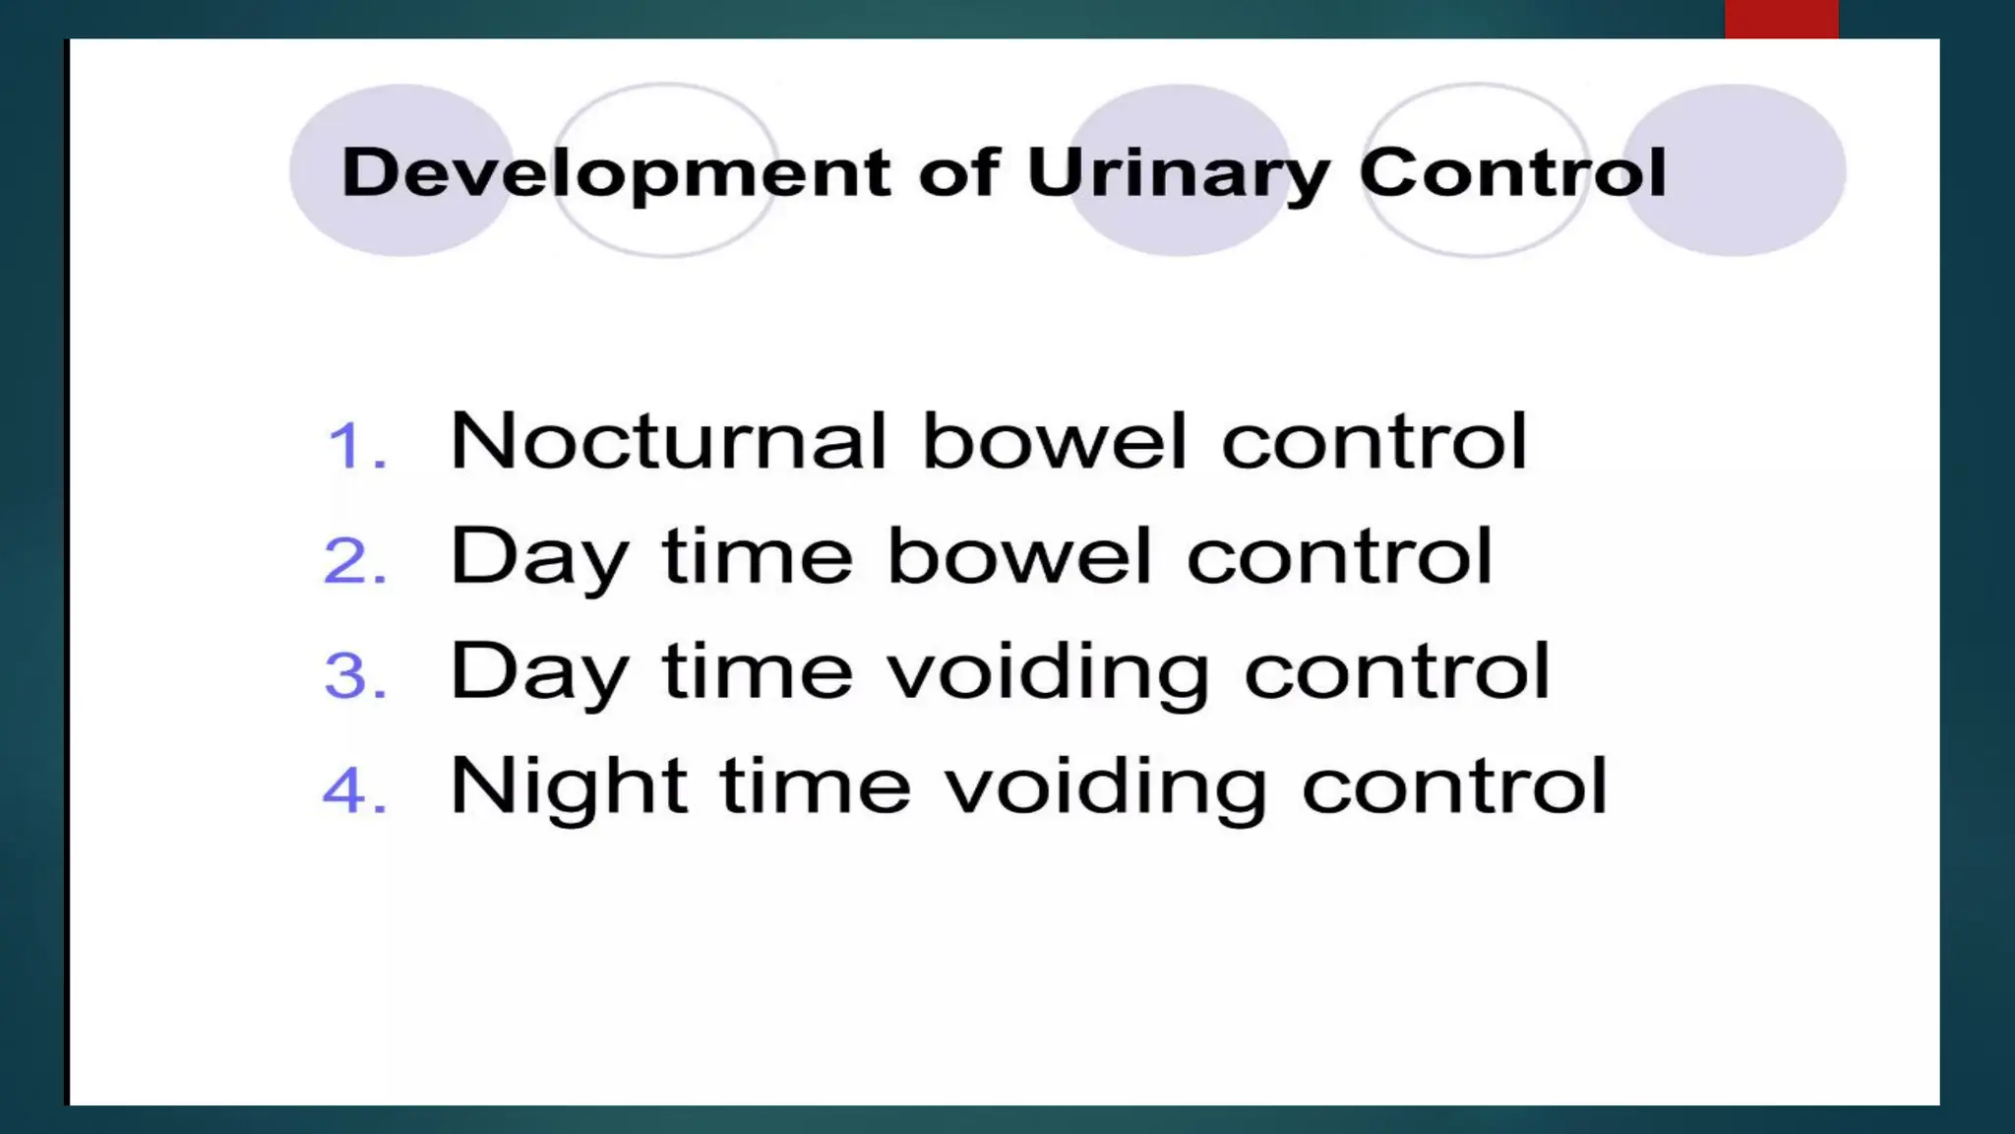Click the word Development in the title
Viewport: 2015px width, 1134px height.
(x=616, y=173)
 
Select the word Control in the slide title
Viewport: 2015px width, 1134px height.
(x=1512, y=173)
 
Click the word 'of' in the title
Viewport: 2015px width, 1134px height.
(x=959, y=173)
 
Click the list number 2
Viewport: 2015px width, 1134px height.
(x=355, y=562)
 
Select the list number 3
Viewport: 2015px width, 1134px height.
(x=355, y=677)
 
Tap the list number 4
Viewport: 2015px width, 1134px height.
(x=355, y=791)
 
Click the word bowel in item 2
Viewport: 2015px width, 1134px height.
(x=1020, y=557)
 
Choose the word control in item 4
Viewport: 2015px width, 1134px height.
(x=1454, y=787)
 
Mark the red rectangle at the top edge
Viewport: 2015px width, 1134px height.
(x=1781, y=19)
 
